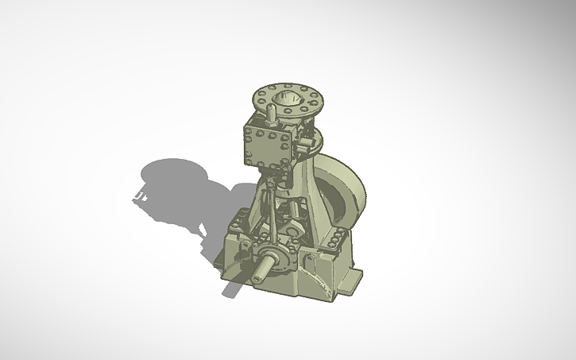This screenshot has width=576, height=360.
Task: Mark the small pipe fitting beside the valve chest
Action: tap(303, 144)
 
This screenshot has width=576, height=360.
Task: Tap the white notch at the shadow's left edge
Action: tap(141, 193)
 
